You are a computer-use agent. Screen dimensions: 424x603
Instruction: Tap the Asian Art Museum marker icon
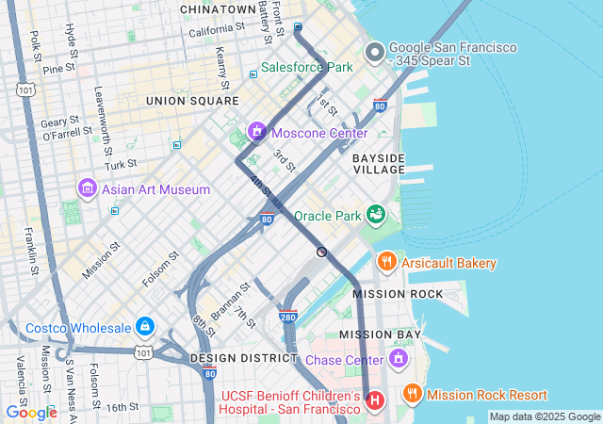88,189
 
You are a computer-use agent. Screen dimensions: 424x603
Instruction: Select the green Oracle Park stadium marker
376,216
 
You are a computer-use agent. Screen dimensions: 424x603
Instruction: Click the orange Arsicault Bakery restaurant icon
386,261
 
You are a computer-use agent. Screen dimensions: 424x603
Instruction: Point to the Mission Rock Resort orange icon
412,394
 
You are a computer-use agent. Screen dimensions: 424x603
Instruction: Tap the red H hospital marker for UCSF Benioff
375,401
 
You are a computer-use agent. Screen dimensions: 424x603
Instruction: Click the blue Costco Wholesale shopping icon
145,327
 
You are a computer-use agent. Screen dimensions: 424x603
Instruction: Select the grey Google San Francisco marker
374,52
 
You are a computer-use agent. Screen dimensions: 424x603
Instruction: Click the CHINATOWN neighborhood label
219,9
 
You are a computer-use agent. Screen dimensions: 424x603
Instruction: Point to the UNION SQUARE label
192,100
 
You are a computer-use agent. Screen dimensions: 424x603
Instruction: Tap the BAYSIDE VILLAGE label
379,164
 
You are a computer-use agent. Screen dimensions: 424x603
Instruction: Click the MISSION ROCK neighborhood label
398,294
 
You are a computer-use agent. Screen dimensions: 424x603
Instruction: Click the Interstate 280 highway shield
288,318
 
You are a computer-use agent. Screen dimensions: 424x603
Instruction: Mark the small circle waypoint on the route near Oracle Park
321,252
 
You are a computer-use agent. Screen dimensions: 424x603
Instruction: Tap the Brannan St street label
229,301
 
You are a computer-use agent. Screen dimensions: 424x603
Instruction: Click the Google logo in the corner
31,412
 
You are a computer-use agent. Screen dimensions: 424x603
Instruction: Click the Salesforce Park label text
306,67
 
